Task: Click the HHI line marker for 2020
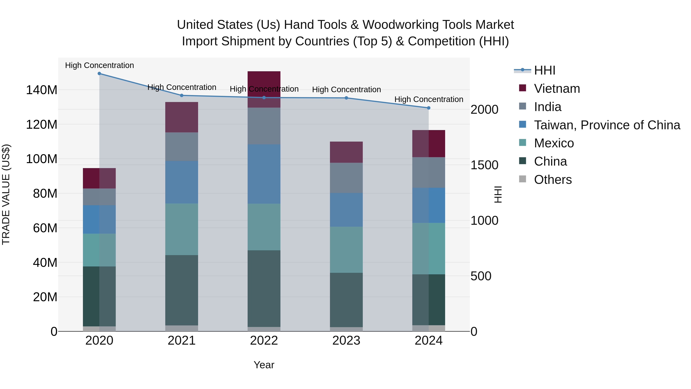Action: [x=99, y=73]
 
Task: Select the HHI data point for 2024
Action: [x=428, y=108]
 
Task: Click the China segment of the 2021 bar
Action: [x=182, y=290]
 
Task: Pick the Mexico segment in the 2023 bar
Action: [x=346, y=250]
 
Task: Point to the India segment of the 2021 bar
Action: [x=182, y=147]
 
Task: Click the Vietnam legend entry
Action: [x=557, y=89]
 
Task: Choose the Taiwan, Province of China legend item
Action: [x=607, y=125]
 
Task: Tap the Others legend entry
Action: [x=553, y=180]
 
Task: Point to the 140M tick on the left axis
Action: [x=42, y=90]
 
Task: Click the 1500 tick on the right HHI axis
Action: [x=484, y=165]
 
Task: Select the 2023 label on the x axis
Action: [x=346, y=341]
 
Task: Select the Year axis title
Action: [x=264, y=365]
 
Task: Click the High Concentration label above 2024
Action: [x=428, y=99]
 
